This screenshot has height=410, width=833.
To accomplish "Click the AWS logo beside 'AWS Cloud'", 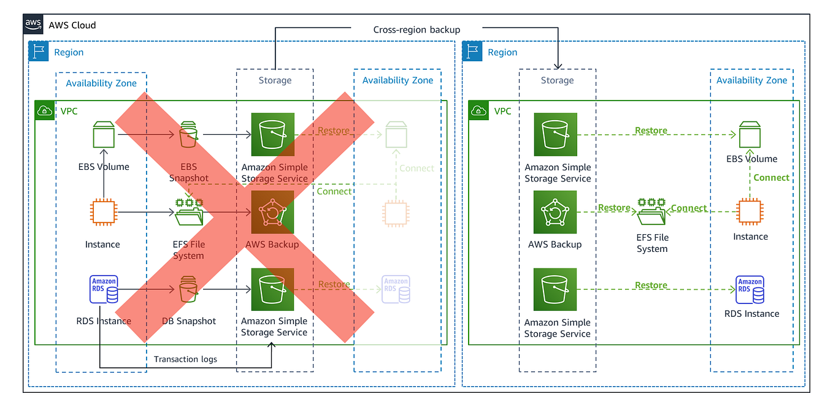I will [x=33, y=25].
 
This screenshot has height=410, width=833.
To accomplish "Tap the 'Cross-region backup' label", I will [x=416, y=29].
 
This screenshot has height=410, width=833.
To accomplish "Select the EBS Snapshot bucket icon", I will [x=188, y=134].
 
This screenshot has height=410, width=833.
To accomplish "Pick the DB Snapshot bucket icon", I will [x=188, y=289].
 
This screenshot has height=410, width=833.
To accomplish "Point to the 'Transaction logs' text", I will [x=185, y=359].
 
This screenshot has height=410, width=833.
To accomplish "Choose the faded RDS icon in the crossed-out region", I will [x=396, y=289].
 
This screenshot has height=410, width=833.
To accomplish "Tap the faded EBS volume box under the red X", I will [x=396, y=134].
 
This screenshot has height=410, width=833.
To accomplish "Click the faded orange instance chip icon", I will [x=396, y=212].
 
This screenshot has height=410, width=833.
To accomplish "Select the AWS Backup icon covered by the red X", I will [x=273, y=212].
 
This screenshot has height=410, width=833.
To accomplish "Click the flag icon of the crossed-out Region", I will [x=39, y=52].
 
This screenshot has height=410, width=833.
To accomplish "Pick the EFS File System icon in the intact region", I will [x=652, y=212].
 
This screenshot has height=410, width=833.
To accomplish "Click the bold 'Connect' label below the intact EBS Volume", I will [x=771, y=178].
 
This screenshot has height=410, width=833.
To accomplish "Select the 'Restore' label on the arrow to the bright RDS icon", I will [x=651, y=285].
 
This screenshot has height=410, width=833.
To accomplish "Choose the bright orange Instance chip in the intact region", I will [x=750, y=212].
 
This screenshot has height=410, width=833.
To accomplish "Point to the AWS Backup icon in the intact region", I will [x=555, y=212].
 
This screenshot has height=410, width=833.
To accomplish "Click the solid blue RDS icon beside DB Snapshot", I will [x=104, y=289].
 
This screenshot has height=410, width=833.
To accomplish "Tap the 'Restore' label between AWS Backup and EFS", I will [x=614, y=208].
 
